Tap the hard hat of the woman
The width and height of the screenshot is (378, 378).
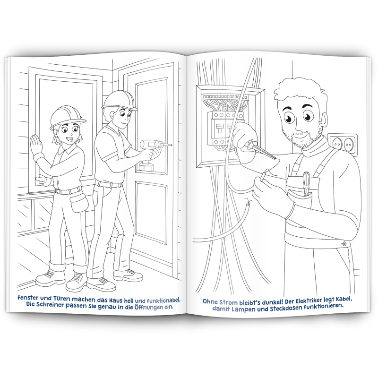tap(67, 117)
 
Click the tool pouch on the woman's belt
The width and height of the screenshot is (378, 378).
tap(79, 203)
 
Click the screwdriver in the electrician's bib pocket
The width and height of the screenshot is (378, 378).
tap(306, 183)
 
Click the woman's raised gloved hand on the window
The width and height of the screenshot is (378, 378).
tap(36, 144)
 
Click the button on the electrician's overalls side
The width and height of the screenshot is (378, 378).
tap(344, 244)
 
